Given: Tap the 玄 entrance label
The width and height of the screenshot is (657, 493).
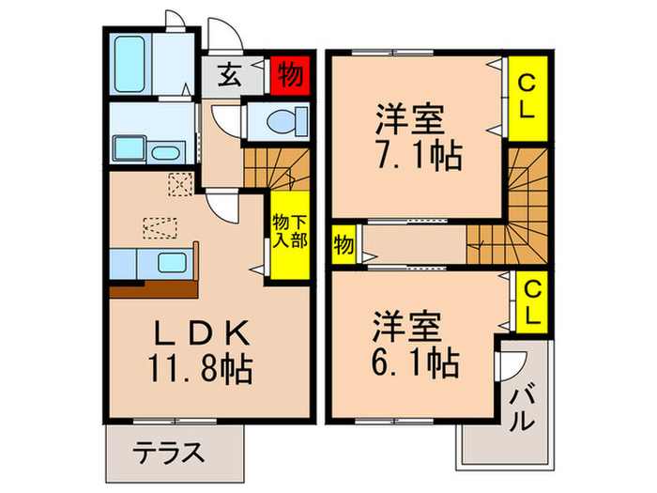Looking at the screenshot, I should coord(231,74).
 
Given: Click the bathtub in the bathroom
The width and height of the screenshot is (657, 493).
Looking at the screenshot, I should coord(130,64).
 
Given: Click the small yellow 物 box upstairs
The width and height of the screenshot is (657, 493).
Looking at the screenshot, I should coord(344,246).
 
